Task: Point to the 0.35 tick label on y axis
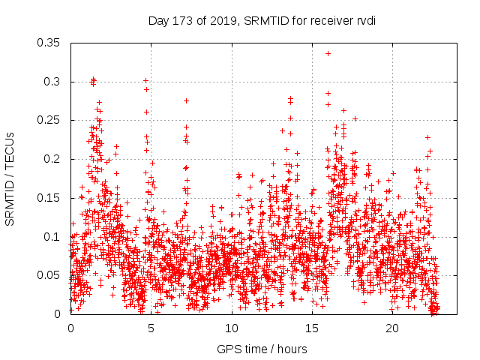point(49,43)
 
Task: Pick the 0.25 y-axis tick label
point(49,120)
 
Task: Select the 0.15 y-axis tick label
point(49,198)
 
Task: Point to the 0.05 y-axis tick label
point(49,275)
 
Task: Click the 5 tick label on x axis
point(151,328)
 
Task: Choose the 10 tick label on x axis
point(232,328)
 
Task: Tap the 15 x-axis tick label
point(312,328)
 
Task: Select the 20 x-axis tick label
point(392,328)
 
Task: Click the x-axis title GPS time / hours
point(262,349)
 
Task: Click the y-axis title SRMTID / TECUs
point(10,178)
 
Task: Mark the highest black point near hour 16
point(328,53)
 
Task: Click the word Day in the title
point(158,21)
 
